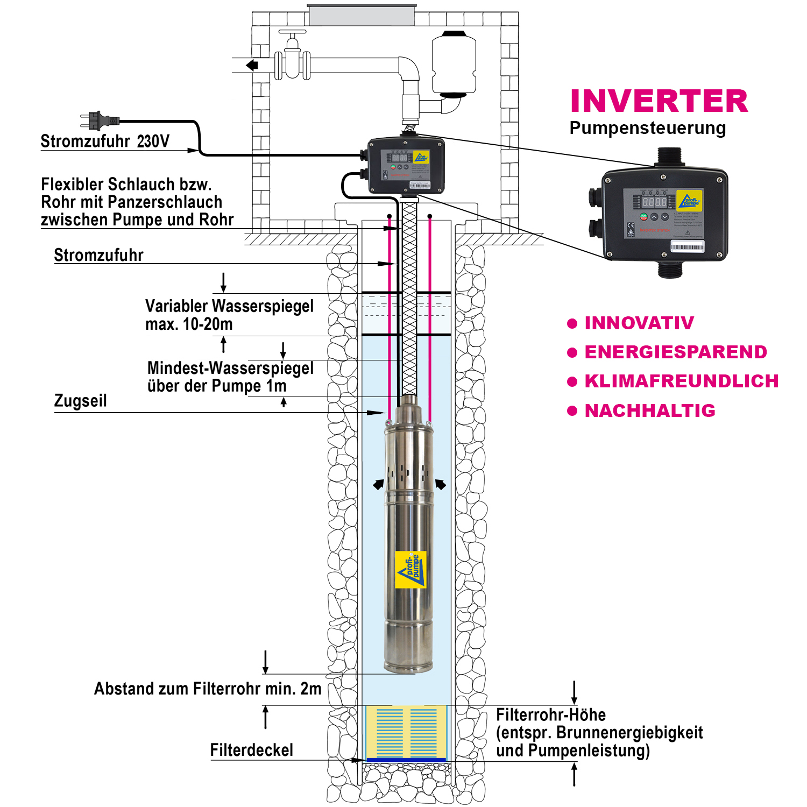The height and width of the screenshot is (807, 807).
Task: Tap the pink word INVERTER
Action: click(659, 101)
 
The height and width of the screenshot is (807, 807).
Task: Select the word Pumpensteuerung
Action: click(647, 128)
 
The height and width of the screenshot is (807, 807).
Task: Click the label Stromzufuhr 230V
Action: click(105, 141)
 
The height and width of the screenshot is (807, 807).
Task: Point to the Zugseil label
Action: click(80, 401)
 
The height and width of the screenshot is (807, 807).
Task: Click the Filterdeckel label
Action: click(251, 750)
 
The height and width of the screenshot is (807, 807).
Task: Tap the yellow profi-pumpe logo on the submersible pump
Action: click(411, 569)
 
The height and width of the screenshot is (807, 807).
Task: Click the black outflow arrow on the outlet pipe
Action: click(252, 65)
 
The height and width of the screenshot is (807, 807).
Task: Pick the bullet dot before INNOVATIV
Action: click(572, 323)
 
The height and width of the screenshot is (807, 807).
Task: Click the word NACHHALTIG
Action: click(650, 410)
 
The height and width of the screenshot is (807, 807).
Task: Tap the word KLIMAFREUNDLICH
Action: click(682, 381)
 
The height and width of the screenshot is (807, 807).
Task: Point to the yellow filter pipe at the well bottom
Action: click(406, 732)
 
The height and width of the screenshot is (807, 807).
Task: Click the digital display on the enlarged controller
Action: click(654, 202)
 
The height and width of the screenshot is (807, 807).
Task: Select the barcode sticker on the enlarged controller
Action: click(687, 247)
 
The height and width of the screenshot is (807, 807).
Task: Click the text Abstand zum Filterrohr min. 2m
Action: click(208, 689)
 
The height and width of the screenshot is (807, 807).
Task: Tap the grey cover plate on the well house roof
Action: click(362, 15)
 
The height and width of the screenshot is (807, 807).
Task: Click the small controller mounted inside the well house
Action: click(406, 166)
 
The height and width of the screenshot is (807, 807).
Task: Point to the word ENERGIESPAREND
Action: click(676, 352)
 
